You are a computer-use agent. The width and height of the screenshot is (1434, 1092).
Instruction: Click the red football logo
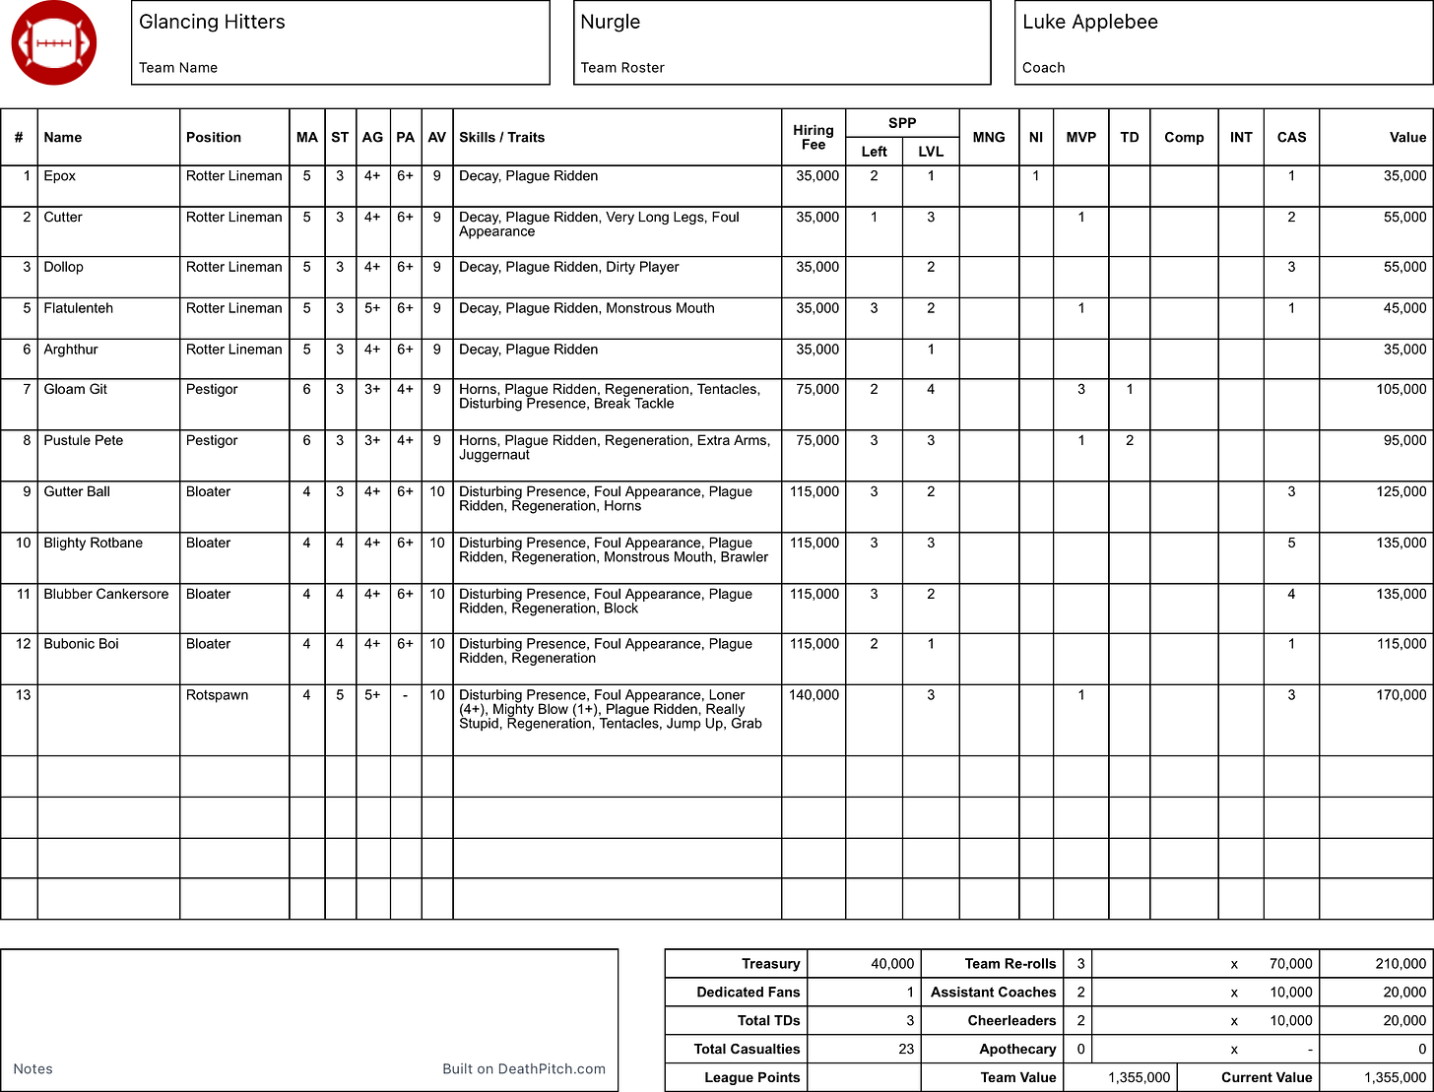[x=53, y=43]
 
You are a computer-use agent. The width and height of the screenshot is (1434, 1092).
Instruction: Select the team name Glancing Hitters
[x=212, y=22]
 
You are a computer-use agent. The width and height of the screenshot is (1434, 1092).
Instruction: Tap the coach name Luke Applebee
[x=1089, y=22]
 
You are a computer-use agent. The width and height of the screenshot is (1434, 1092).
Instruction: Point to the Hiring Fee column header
[x=813, y=137]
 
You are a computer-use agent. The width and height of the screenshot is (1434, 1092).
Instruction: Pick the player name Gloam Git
[x=76, y=389]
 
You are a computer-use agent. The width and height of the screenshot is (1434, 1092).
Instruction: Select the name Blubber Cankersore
[x=105, y=594]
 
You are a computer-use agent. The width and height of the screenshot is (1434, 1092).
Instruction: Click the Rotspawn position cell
[x=217, y=695]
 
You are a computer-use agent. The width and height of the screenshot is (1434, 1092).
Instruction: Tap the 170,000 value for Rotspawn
[x=1401, y=695]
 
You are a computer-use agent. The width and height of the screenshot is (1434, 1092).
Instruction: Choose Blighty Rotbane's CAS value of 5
[x=1291, y=543]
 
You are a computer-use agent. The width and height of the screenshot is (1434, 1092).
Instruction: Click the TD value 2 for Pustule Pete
[x=1129, y=440]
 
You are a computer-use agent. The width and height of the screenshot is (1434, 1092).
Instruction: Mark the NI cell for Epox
[x=1035, y=176]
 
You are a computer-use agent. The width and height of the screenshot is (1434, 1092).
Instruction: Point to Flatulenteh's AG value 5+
[x=372, y=308]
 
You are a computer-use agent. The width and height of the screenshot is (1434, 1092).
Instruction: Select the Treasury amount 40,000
[x=892, y=964]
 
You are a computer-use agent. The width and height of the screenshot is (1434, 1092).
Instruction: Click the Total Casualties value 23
[x=906, y=1049]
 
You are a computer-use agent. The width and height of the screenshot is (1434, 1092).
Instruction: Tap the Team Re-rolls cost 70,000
[x=1290, y=964]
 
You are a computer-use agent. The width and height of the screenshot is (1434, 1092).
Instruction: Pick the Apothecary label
[x=1017, y=1049]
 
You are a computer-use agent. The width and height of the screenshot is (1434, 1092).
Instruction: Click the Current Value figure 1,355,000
[x=1395, y=1077]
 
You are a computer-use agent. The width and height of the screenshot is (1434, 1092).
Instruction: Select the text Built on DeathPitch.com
[x=524, y=1068]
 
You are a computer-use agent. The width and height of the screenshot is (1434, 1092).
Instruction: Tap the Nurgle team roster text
[x=610, y=22]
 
